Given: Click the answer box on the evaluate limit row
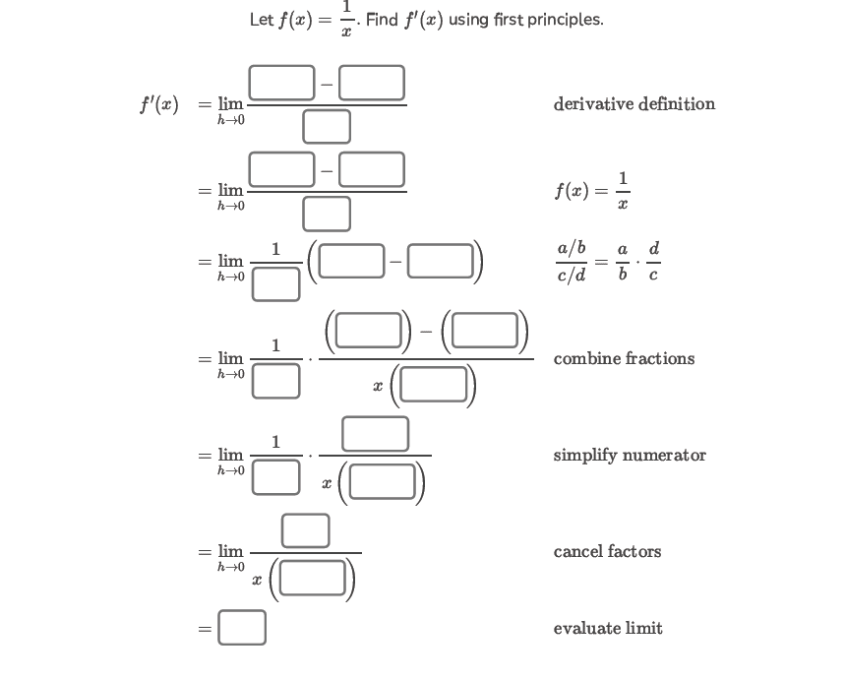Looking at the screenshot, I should point(242,628).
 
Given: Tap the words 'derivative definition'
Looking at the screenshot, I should point(634,103).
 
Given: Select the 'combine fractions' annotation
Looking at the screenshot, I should point(624,358).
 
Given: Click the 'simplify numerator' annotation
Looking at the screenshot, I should point(630,455).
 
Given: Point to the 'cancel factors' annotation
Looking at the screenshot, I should point(607,551).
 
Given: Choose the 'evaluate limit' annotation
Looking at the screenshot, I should point(608,628).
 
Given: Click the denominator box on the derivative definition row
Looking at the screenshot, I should point(327,126).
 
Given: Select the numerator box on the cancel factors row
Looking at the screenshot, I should point(305,530).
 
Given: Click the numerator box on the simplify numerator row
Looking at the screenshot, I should point(375,434).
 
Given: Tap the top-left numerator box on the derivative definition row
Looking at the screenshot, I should point(281,83).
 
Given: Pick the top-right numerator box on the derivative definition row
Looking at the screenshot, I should point(372,83).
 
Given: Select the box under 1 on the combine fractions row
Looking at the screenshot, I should point(275,380).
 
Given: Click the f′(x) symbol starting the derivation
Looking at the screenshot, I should point(158,103).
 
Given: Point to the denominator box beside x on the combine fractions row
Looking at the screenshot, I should point(433,385).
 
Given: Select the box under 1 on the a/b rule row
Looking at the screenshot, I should point(275,283).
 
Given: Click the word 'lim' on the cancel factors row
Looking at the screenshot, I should point(230,551).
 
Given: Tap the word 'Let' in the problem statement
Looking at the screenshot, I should point(262,20).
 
